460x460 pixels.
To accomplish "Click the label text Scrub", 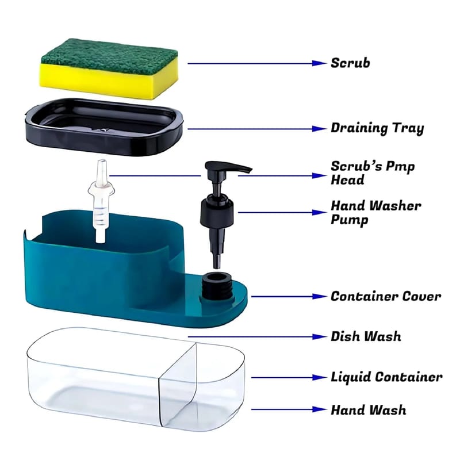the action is (x=350, y=63).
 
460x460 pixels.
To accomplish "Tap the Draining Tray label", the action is (x=377, y=128).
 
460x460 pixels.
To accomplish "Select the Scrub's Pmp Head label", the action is (x=373, y=173).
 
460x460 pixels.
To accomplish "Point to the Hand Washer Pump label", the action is (x=376, y=213).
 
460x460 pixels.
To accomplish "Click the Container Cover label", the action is (x=386, y=296).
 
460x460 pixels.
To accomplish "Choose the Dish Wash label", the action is (x=366, y=336).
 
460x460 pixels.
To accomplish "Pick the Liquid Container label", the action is (x=386, y=377).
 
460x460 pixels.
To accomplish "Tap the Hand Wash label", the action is (x=369, y=410).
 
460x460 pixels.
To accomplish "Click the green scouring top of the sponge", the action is (x=109, y=56).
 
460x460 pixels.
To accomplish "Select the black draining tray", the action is (x=104, y=126).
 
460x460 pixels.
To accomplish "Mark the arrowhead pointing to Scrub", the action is (x=319, y=63).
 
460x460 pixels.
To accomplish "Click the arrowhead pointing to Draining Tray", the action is (x=319, y=128).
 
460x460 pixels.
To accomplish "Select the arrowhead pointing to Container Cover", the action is (x=319, y=297).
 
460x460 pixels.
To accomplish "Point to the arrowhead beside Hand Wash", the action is (x=319, y=409).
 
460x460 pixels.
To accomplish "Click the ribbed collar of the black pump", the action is (x=217, y=211).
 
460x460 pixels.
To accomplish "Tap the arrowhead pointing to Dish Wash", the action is (x=319, y=336).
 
